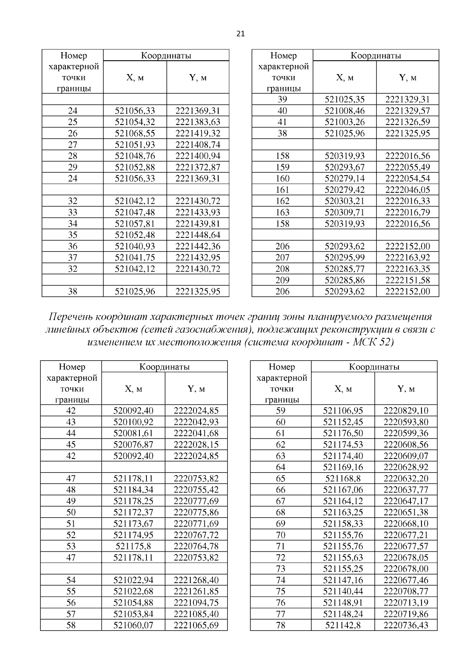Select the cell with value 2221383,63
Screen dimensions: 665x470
(198, 122)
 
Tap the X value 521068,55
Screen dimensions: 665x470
(135, 133)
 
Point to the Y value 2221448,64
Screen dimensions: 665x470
(198, 235)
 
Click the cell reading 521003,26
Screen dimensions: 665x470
(345, 122)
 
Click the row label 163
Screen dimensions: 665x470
(282, 212)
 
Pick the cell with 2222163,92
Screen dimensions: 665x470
(407, 257)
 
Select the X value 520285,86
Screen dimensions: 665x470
(345, 280)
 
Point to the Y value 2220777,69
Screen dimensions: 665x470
(196, 501)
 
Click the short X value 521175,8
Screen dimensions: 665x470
(133, 546)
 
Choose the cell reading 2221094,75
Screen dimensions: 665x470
(196, 603)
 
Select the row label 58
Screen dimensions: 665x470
(71, 625)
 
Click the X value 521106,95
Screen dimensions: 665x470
(343, 411)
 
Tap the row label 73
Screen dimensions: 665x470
(281, 569)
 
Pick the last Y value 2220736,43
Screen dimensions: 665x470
(406, 625)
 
